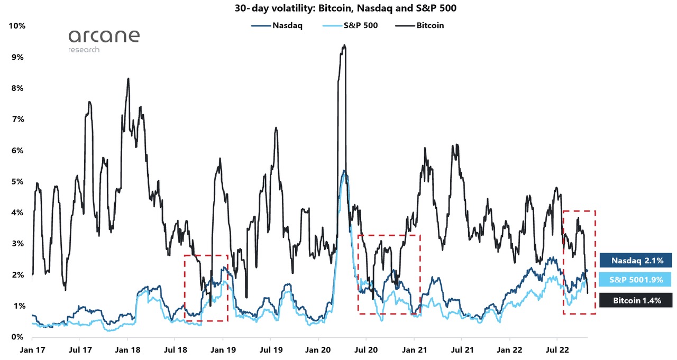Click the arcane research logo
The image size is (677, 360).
tap(104, 40)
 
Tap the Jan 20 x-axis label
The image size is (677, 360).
tap(318, 349)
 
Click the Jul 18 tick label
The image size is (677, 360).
tap(175, 349)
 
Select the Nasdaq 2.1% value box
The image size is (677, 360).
tap(636, 260)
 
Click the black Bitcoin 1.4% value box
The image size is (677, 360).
tap(636, 300)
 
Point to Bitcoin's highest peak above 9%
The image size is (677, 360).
tap(344, 45)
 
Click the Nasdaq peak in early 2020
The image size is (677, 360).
tap(344, 171)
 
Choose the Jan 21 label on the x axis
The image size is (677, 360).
tap(414, 349)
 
